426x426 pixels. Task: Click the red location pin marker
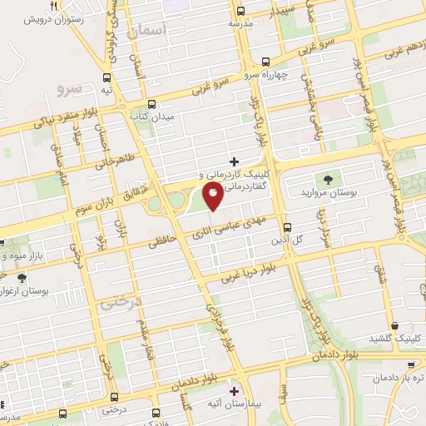214,197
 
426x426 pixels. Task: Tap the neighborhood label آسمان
149,31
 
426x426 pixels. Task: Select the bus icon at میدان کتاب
151,105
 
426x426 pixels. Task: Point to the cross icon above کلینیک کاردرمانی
234,161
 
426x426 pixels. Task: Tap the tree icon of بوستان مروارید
327,178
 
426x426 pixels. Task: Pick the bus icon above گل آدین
287,226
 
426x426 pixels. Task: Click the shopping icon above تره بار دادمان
410,364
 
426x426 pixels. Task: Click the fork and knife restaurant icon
53,5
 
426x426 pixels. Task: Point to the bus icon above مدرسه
240,11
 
